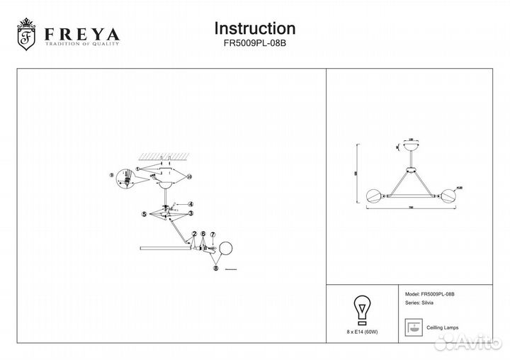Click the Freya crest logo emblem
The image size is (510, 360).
pos(26,35)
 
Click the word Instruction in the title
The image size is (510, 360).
pos(254,28)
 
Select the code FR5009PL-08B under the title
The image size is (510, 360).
pos(254,43)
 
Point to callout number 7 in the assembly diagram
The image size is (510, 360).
pos(212,233)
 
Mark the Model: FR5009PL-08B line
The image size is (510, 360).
pos(429,293)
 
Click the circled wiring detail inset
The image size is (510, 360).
pos(126,181)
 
